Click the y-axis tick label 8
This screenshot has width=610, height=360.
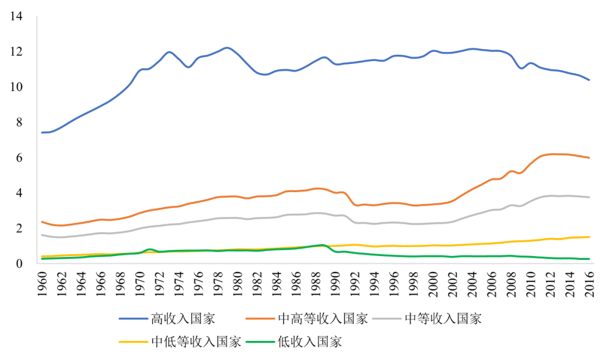[19, 122]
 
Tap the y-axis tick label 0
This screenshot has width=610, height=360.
[19, 263]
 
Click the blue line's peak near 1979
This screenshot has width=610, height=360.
[227, 47]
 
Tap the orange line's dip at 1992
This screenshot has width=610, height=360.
[355, 205]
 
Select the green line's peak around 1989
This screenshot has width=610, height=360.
[321, 245]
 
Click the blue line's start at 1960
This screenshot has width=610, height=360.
[42, 133]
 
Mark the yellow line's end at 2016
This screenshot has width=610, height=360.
[589, 237]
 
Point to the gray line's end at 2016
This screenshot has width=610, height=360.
[589, 197]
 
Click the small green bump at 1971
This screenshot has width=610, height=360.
[149, 249]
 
